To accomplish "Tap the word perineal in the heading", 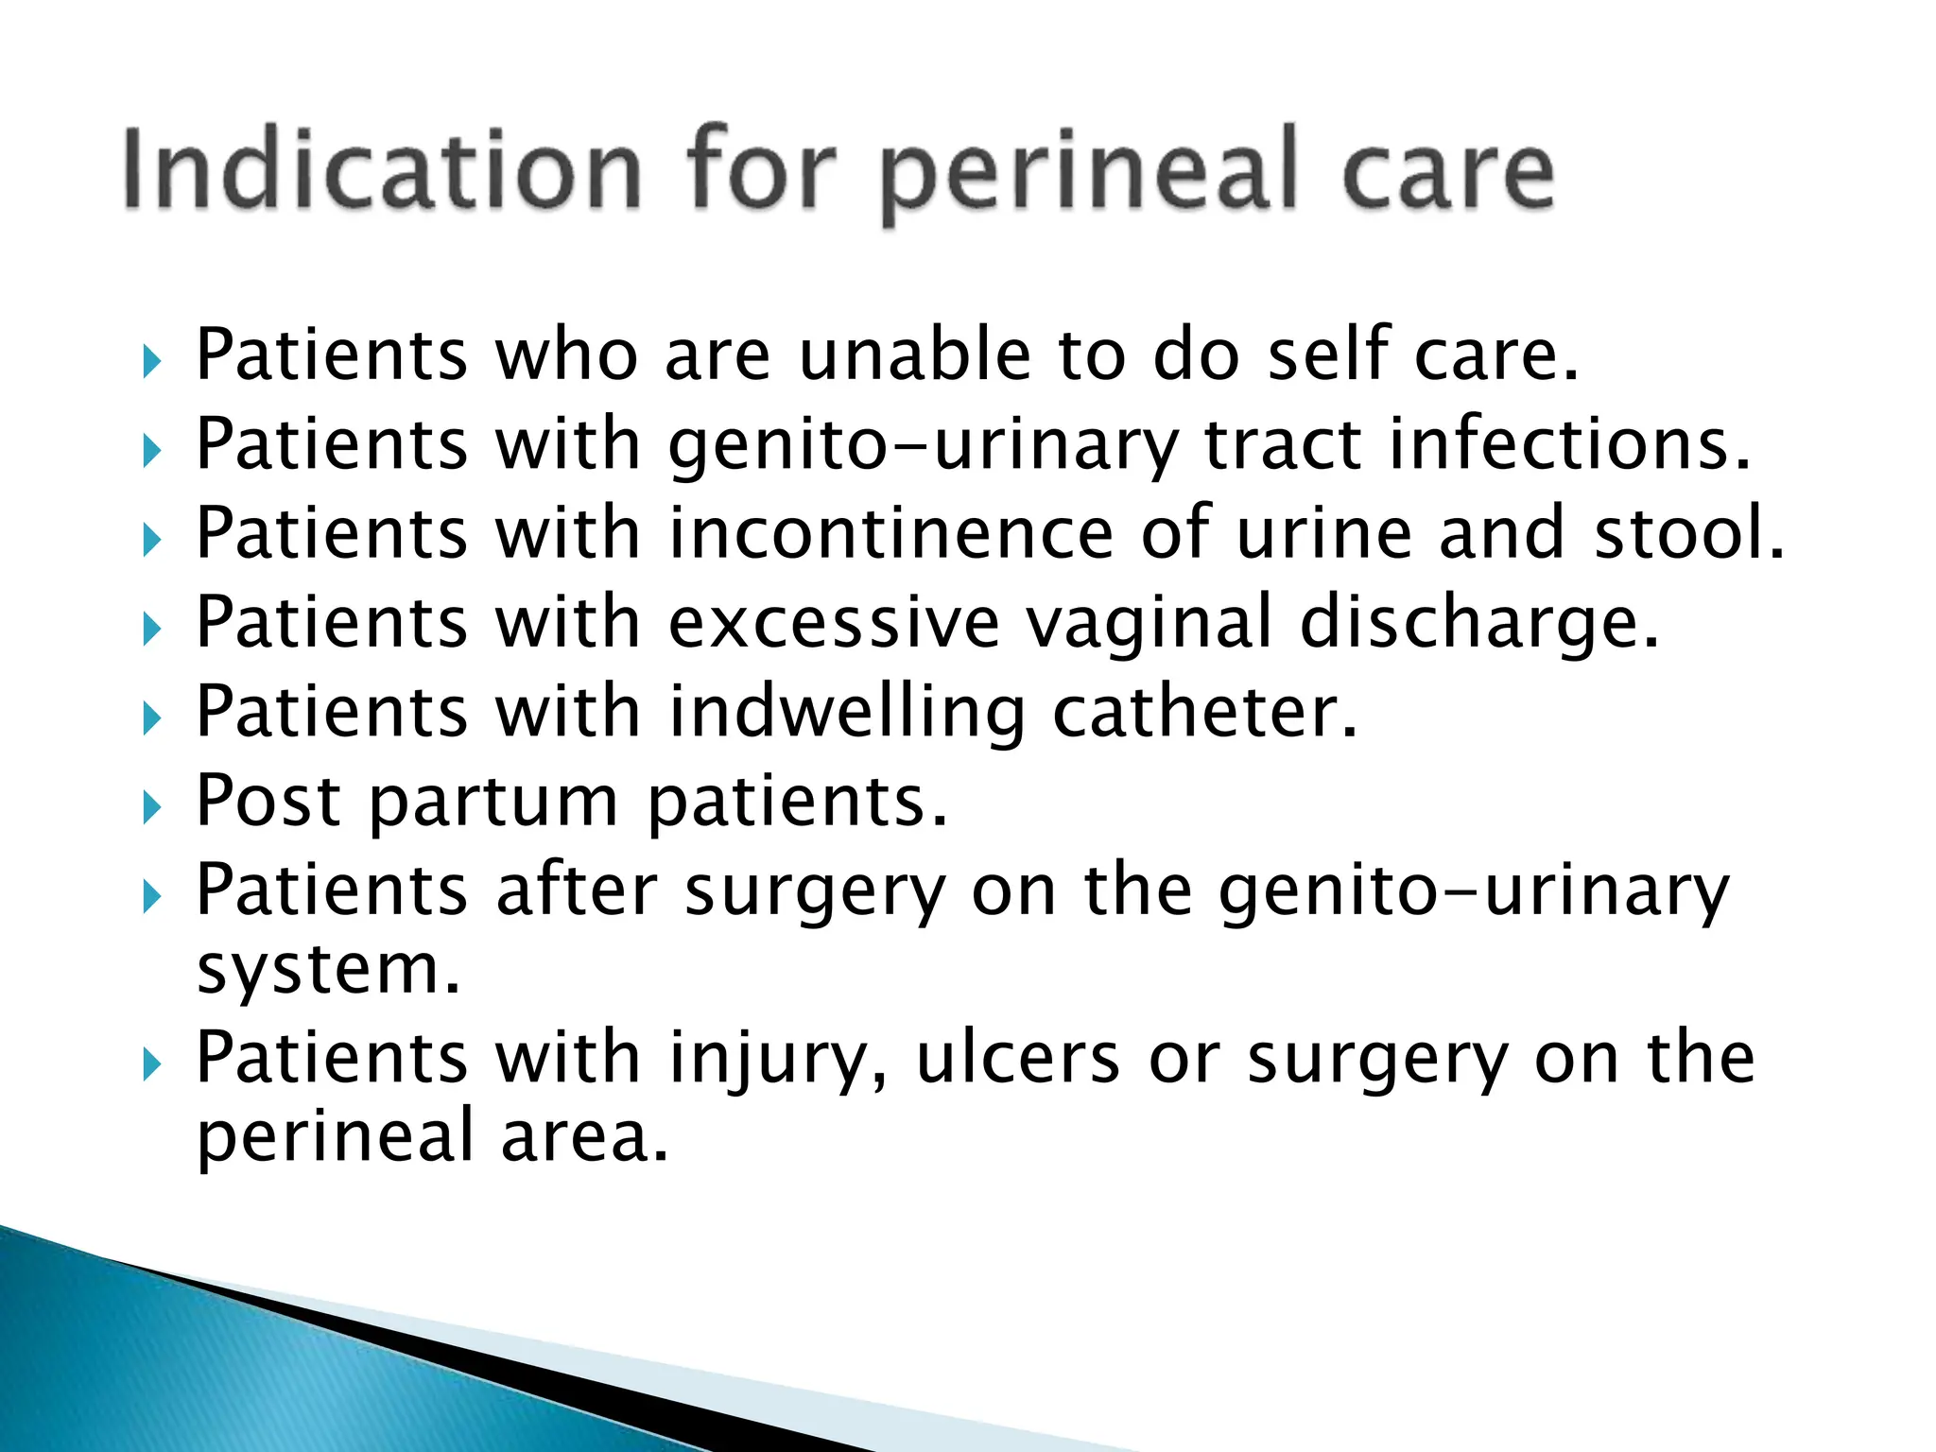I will coord(1097,175).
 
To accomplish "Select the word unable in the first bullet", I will coord(914,354).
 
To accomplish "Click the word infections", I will coord(1569,443).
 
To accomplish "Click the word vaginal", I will coord(1149,625).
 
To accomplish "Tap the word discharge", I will coord(1478,625).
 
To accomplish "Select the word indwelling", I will coord(847,714).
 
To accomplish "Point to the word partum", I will coord(493,803).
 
